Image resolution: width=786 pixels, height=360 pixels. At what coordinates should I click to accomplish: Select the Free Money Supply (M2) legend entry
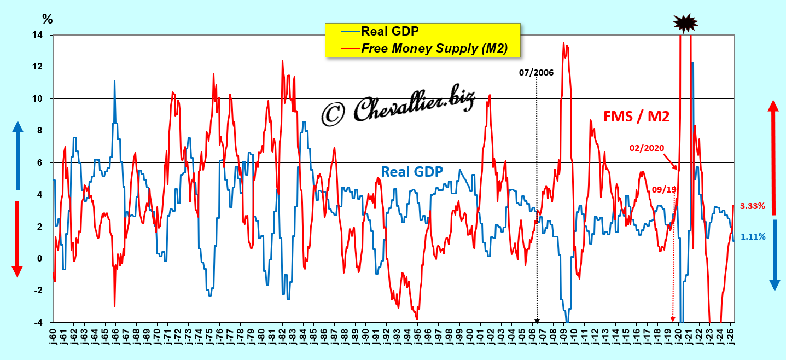click(434, 48)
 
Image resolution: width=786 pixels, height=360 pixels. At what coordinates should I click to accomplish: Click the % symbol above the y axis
click(48, 19)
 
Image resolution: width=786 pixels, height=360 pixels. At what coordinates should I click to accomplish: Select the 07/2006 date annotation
click(536, 72)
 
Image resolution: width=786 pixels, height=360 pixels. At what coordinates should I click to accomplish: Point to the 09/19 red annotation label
click(663, 190)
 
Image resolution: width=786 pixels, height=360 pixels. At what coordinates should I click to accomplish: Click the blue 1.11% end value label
click(753, 236)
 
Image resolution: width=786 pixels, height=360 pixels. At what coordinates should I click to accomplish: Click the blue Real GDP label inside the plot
click(412, 171)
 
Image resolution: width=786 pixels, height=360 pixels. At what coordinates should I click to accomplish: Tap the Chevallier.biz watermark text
click(398, 108)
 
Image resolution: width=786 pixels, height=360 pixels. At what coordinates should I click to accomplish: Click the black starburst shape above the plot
click(686, 22)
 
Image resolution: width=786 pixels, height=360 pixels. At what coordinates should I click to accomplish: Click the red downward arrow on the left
click(17, 239)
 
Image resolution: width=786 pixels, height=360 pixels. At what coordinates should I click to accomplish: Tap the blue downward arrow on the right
click(774, 255)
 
